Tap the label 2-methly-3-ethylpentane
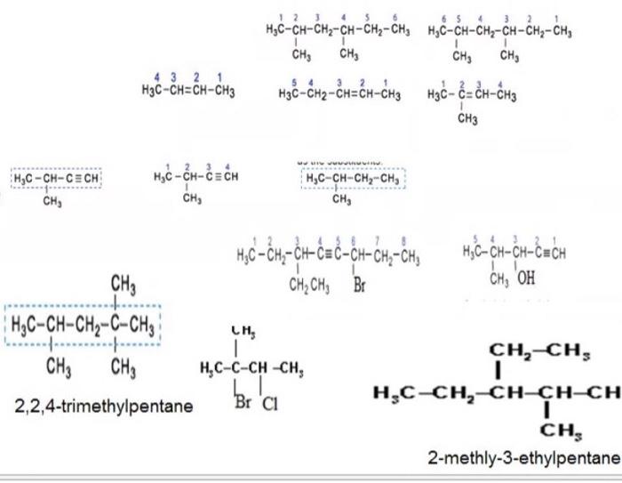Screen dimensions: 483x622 (x=522, y=458)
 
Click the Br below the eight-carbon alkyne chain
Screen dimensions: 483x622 (x=360, y=286)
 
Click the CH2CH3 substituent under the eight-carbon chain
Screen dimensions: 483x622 (x=308, y=286)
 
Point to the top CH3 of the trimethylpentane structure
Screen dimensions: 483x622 (x=123, y=285)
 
